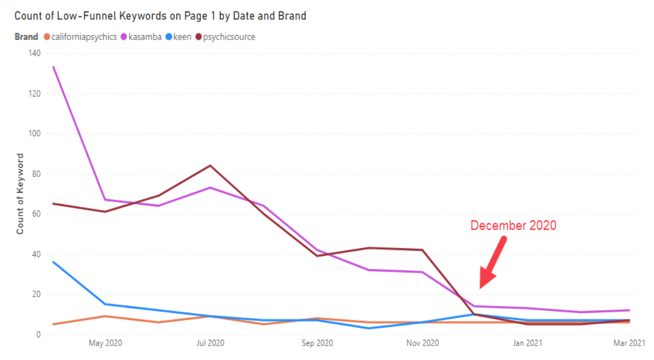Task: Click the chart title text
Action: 160,16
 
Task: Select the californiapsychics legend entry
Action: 84,37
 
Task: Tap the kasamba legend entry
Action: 145,37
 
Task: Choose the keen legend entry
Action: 181,37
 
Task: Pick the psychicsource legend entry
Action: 229,37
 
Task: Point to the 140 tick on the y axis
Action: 34,53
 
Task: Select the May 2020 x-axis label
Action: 105,343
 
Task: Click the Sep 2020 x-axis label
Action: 316,343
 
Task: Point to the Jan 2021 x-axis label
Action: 527,343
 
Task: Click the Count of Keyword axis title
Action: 20,194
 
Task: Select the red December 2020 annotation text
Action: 513,225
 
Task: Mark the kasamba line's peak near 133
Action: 53,67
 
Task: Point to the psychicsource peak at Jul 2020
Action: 211,165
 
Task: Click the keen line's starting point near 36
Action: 53,262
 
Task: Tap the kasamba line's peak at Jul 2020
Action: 211,187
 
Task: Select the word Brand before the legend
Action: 26,37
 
